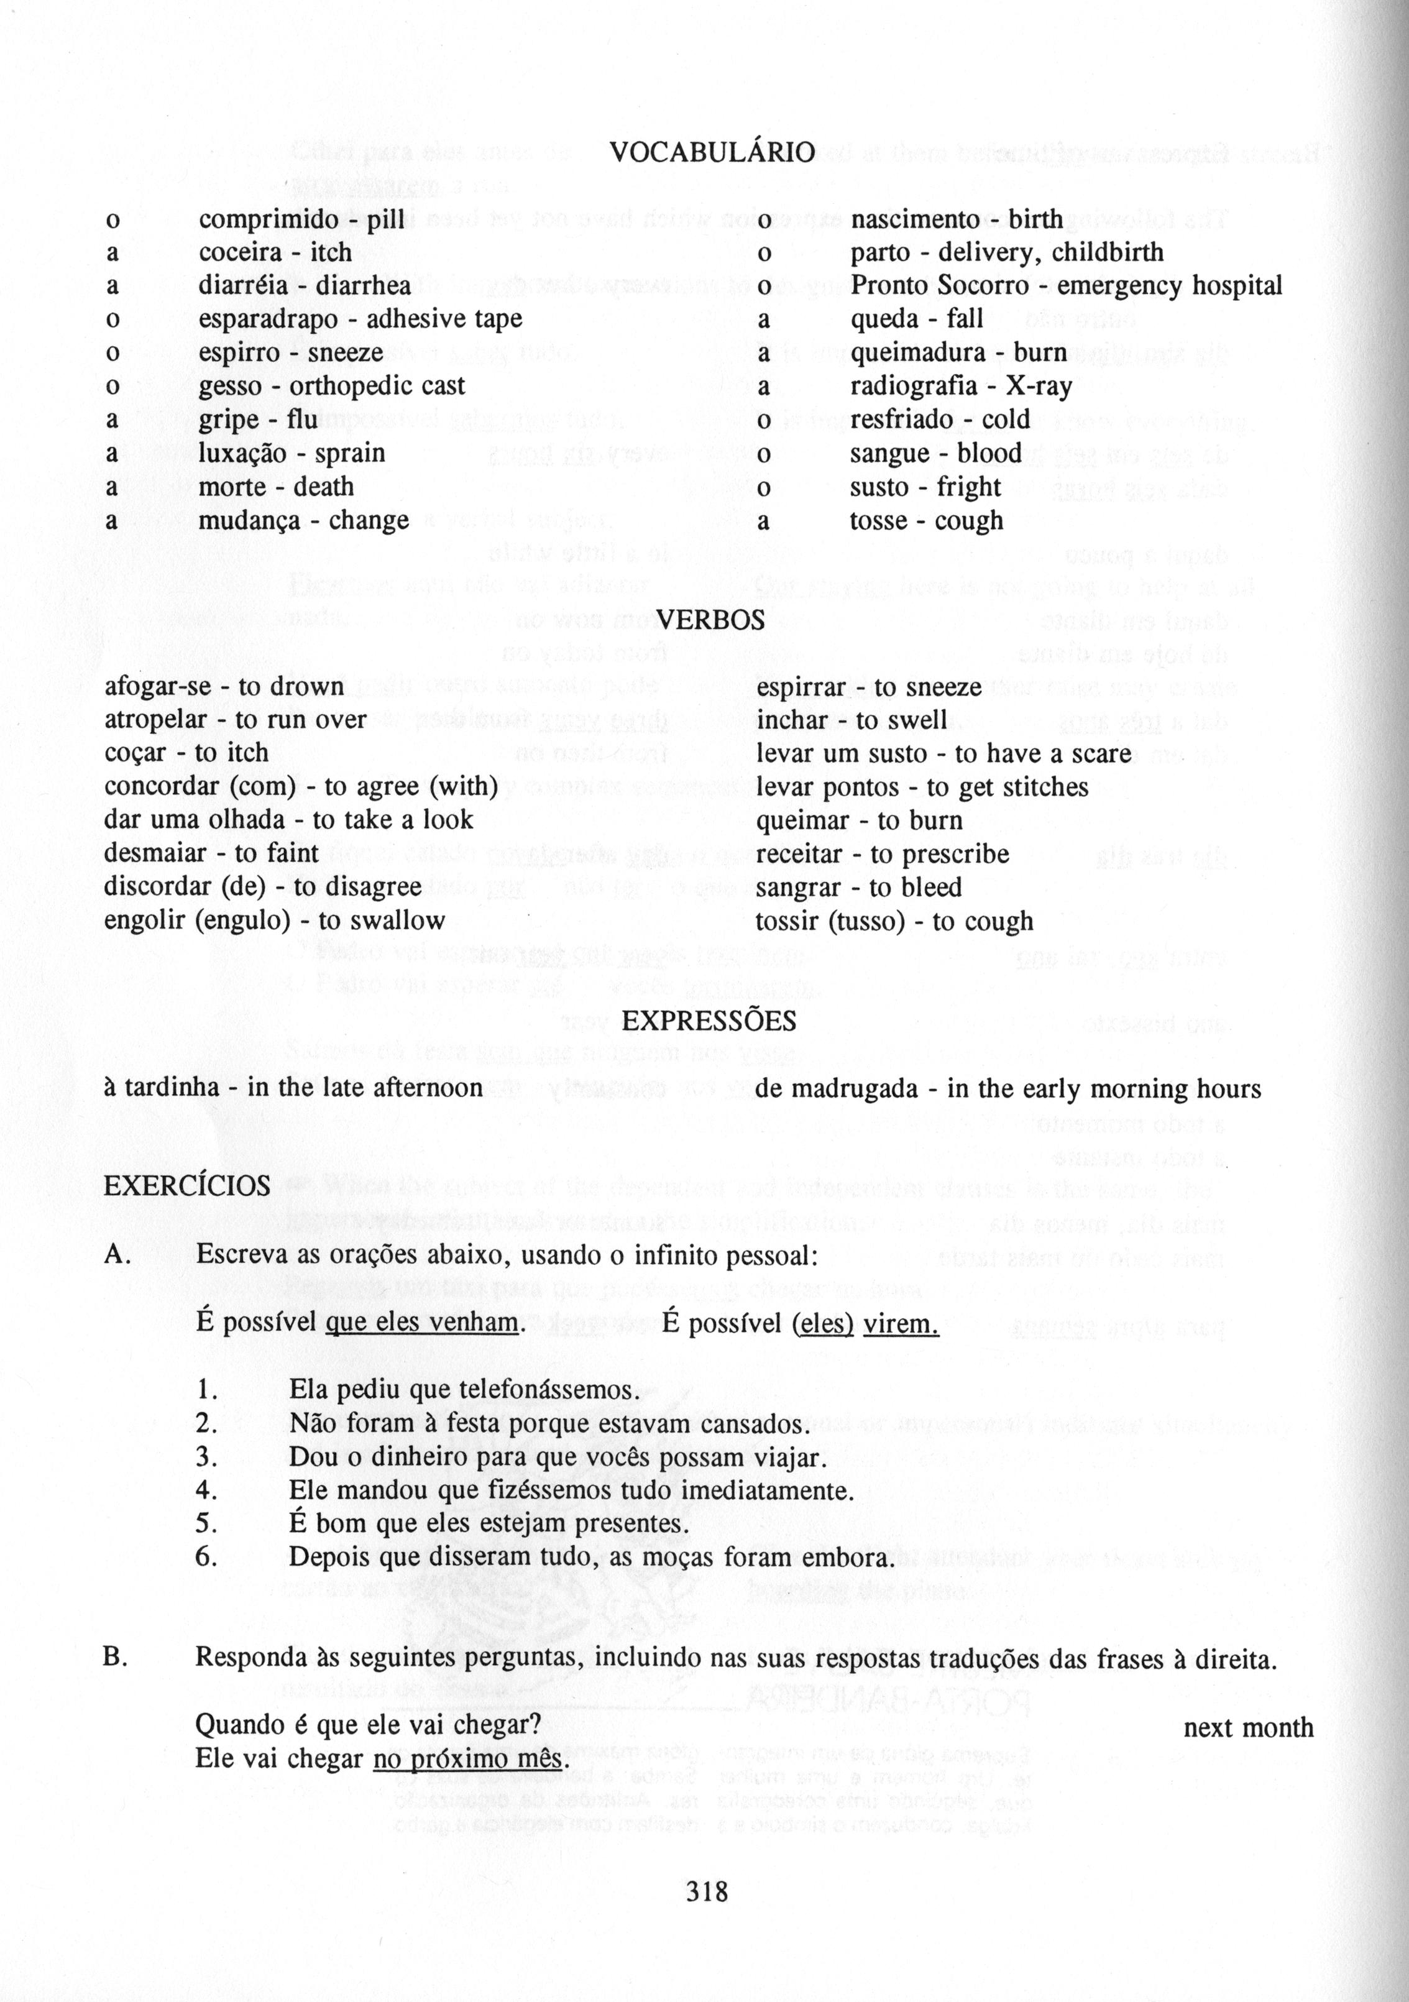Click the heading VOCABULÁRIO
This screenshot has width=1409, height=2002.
712,154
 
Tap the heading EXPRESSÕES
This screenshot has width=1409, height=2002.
709,1021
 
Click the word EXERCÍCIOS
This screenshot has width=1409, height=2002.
186,1186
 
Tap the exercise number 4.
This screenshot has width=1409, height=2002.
206,1490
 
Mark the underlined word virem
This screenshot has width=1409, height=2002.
901,1324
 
